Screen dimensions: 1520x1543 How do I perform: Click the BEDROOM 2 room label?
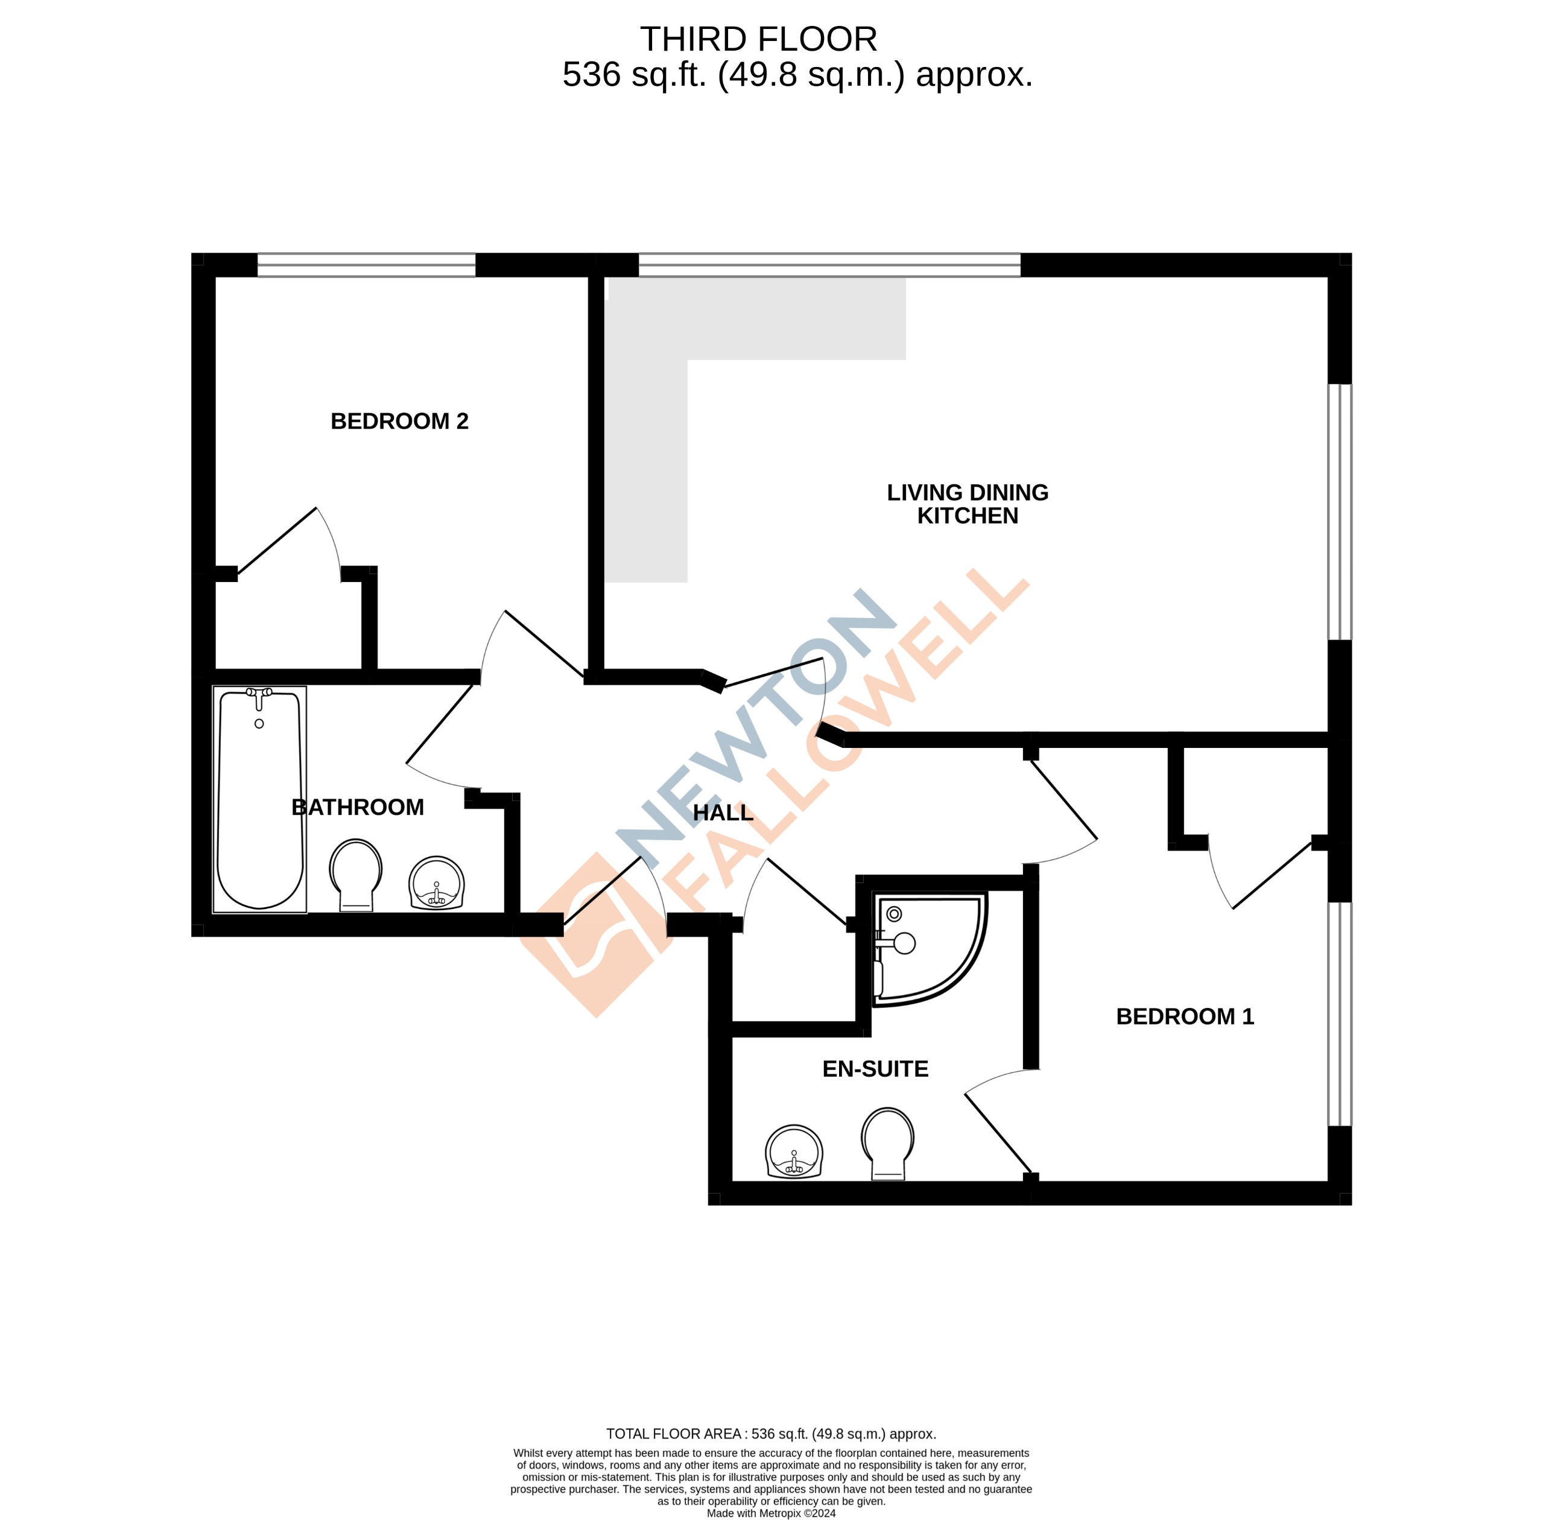pyautogui.click(x=399, y=421)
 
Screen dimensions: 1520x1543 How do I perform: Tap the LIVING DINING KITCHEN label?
pyautogui.click(x=967, y=504)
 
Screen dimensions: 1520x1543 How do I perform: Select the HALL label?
pyautogui.click(x=723, y=812)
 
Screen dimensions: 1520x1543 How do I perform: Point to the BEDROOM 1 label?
pyautogui.click(x=1184, y=1016)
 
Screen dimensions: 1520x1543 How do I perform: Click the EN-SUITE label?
pyautogui.click(x=875, y=1069)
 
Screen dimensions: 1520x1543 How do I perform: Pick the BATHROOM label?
pyautogui.click(x=358, y=807)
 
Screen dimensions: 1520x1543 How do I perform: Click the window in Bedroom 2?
pyautogui.click(x=366, y=265)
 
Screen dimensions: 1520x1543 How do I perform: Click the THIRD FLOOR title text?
pyautogui.click(x=758, y=39)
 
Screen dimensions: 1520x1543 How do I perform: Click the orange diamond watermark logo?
pyautogui.click(x=595, y=934)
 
